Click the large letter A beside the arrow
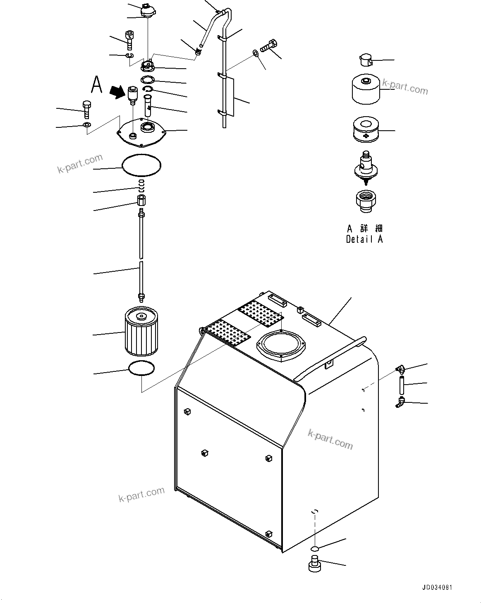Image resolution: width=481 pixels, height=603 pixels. tap(96, 85)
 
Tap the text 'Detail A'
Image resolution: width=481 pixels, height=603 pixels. tap(364, 239)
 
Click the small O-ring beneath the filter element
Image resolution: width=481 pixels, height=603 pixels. tap(142, 368)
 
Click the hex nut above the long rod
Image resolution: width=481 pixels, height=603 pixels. tap(141, 202)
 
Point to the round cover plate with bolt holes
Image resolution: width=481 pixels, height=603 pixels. tap(141, 132)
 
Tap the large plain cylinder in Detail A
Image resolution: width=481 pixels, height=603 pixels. tap(366, 90)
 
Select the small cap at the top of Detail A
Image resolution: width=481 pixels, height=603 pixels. tap(364, 60)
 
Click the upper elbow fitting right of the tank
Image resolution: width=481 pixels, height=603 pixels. tap(400, 368)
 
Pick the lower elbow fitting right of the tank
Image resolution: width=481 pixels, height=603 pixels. tap(400, 401)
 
